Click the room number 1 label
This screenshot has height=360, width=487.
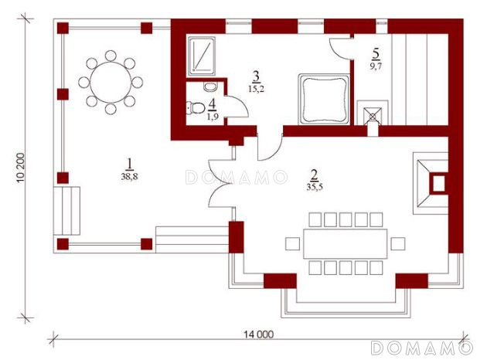(129, 164)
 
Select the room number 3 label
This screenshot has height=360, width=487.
(256, 76)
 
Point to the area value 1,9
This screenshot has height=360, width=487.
(213, 117)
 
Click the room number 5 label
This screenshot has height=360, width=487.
(376, 53)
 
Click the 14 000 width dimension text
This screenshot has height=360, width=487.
(258, 335)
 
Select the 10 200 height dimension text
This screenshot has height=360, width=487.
(21, 168)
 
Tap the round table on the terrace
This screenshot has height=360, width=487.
(111, 82)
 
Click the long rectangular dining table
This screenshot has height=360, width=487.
(345, 244)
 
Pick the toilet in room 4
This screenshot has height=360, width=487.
(196, 108)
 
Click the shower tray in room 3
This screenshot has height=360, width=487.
(201, 56)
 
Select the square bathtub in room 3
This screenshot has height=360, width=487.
(324, 100)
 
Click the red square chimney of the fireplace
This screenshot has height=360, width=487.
(438, 184)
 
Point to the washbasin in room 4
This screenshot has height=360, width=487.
(210, 87)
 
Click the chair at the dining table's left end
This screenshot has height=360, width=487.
(292, 244)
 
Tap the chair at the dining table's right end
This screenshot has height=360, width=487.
(398, 244)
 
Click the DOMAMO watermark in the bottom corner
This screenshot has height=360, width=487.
(422, 348)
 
